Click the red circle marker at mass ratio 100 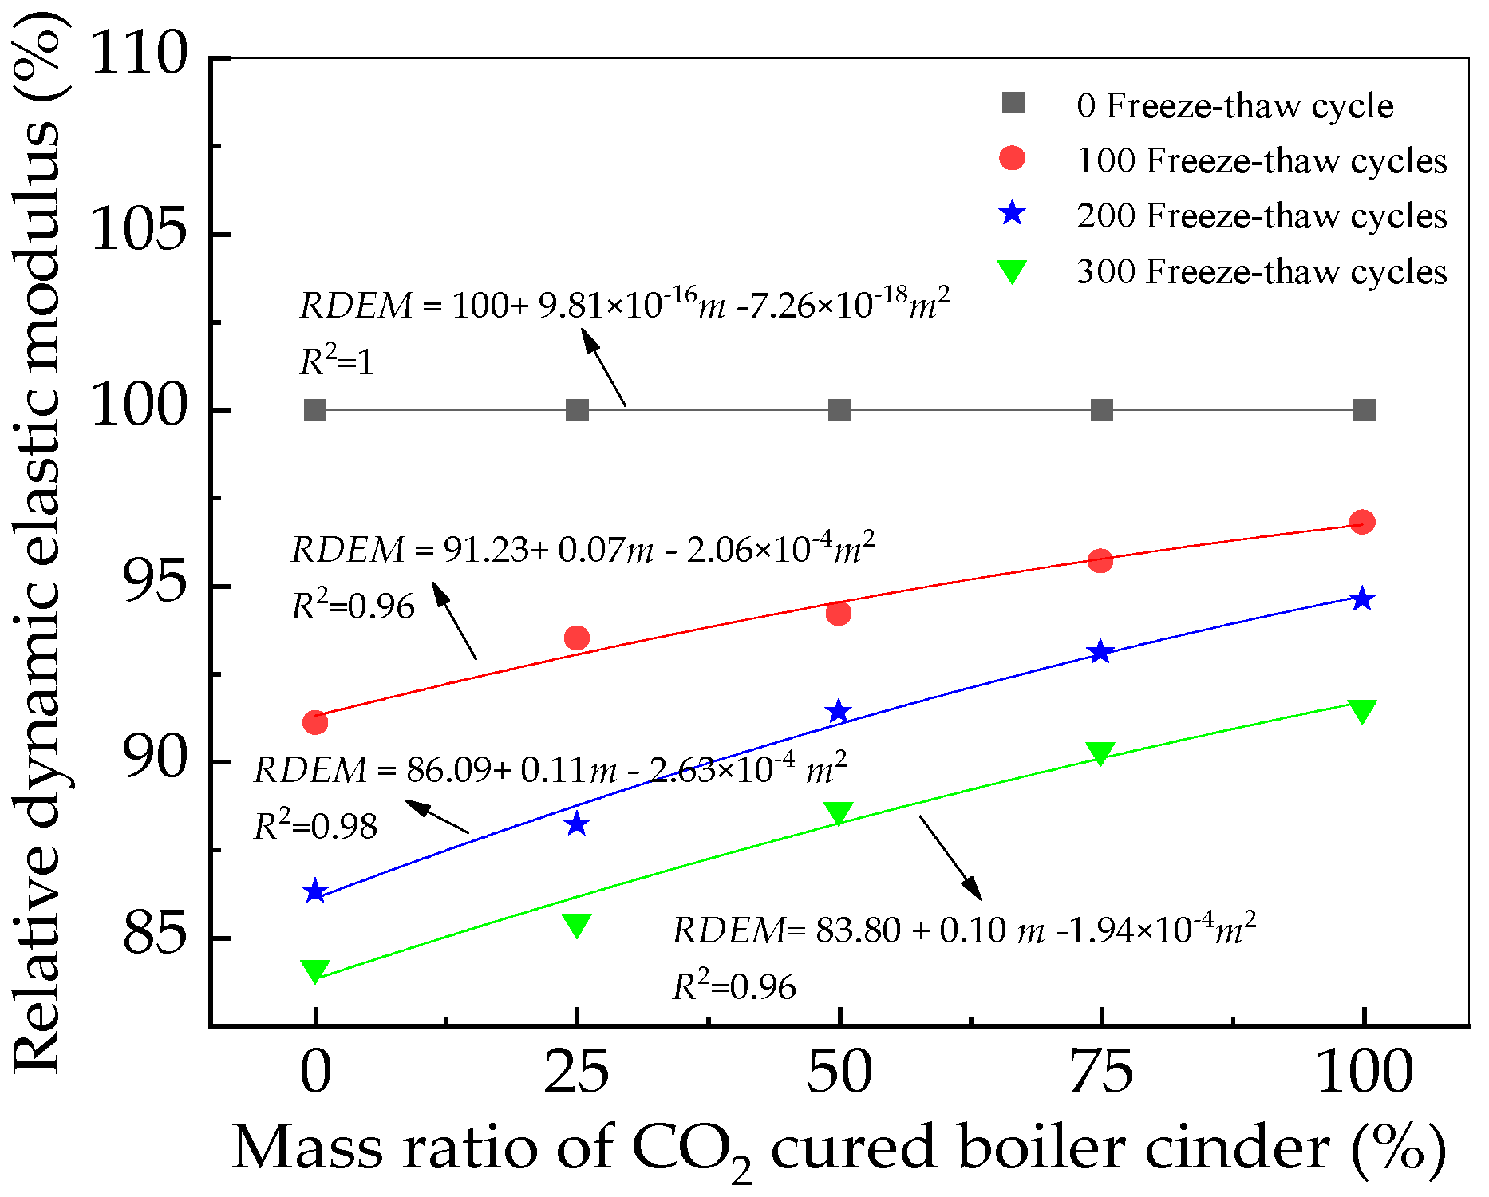[x=1362, y=522]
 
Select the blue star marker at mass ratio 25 [x=576, y=824]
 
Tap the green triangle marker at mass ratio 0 [x=315, y=970]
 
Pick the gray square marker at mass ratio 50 [x=839, y=410]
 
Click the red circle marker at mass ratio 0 [x=315, y=722]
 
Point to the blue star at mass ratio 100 [x=1362, y=599]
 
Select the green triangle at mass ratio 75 [x=1100, y=753]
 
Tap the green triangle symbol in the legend [x=1012, y=272]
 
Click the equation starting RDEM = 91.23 [x=583, y=549]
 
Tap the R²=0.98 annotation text [x=315, y=826]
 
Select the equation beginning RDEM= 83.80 [x=964, y=930]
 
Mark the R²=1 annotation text [x=336, y=362]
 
